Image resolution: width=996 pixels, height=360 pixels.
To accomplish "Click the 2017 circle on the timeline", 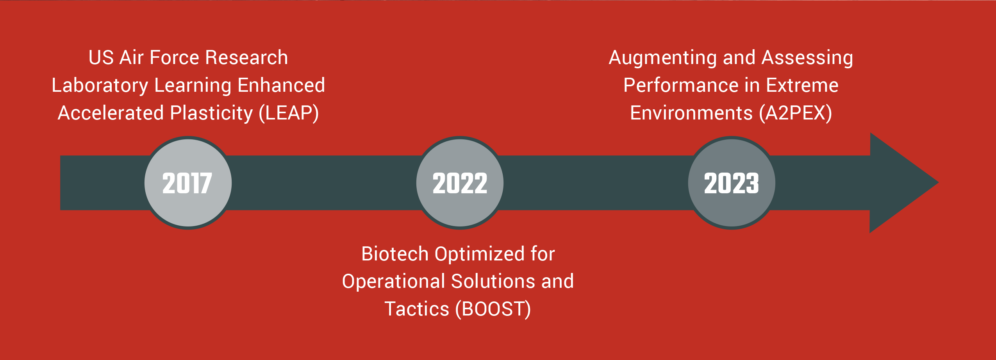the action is [188, 183].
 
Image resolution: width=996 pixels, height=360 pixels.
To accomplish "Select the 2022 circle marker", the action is [460, 183].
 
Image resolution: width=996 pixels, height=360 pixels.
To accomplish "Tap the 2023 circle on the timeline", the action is [732, 183].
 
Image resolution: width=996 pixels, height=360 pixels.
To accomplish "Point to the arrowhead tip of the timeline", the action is [939, 182].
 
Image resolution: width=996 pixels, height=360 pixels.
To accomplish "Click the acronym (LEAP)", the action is [289, 113].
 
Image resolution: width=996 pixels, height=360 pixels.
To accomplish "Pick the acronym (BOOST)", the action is [493, 309].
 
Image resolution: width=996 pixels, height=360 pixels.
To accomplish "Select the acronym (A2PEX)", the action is [795, 113].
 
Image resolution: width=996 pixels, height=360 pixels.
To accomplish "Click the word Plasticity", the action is [211, 113].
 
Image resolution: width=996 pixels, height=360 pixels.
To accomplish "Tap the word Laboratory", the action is [100, 86].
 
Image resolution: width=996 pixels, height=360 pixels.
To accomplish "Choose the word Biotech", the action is [395, 254].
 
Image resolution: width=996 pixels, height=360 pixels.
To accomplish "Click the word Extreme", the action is [802, 85].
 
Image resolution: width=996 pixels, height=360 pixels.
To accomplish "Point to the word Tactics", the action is [417, 309].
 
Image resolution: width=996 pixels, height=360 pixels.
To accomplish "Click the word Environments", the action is [691, 113].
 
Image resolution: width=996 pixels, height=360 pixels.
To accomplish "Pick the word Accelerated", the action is [111, 113].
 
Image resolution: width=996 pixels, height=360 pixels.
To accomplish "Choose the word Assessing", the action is [807, 58].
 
